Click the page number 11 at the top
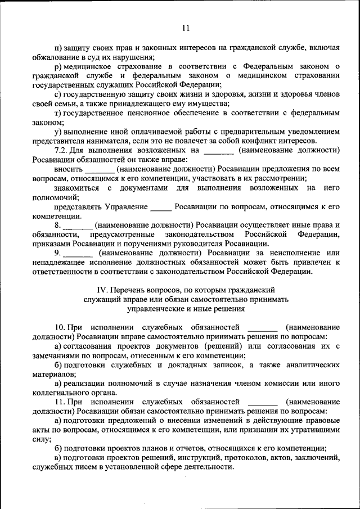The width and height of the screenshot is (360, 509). pyautogui.click(x=186, y=29)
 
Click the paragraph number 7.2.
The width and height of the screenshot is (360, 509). pyautogui.click(x=61, y=150)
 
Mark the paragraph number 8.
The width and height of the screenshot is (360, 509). pyautogui.click(x=58, y=224)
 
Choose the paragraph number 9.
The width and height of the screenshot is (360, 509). pyautogui.click(x=58, y=253)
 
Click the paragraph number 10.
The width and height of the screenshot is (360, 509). pyautogui.click(x=61, y=327)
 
